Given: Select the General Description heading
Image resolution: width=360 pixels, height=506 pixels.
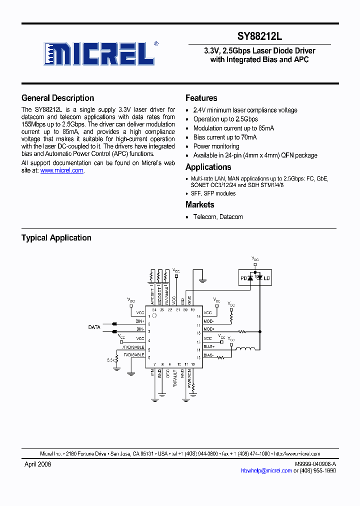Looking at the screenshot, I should pos(57,98).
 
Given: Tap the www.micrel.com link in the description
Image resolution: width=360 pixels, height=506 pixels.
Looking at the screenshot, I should pos(61,170).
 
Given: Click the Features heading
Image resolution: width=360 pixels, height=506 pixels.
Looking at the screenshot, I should pos(201,98).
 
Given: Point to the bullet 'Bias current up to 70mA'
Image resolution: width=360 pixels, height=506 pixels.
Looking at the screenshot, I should pos(225,137).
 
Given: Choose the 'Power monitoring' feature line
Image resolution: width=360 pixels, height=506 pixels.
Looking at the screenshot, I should pos(216,146).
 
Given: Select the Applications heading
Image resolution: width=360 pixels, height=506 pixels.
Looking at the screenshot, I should pos(208,167).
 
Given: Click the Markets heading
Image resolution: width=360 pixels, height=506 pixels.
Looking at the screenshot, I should pos(199,204).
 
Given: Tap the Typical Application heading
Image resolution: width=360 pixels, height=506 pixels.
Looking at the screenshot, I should pos(56,238).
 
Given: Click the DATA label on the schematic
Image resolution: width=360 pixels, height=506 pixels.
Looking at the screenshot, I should pos(94,327).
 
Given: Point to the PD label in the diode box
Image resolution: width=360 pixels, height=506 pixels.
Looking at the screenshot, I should pos(244,278).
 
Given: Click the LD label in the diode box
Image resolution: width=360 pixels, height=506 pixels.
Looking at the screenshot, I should pos(266,278).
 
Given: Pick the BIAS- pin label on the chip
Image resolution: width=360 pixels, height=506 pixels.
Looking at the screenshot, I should pos(209,355).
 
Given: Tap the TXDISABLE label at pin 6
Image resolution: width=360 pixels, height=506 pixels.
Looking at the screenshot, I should pos(134,354).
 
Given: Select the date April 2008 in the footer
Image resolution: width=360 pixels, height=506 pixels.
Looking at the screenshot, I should pos(37,464).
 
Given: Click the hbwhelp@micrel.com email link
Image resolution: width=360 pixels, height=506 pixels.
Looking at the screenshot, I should pos(266,470).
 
